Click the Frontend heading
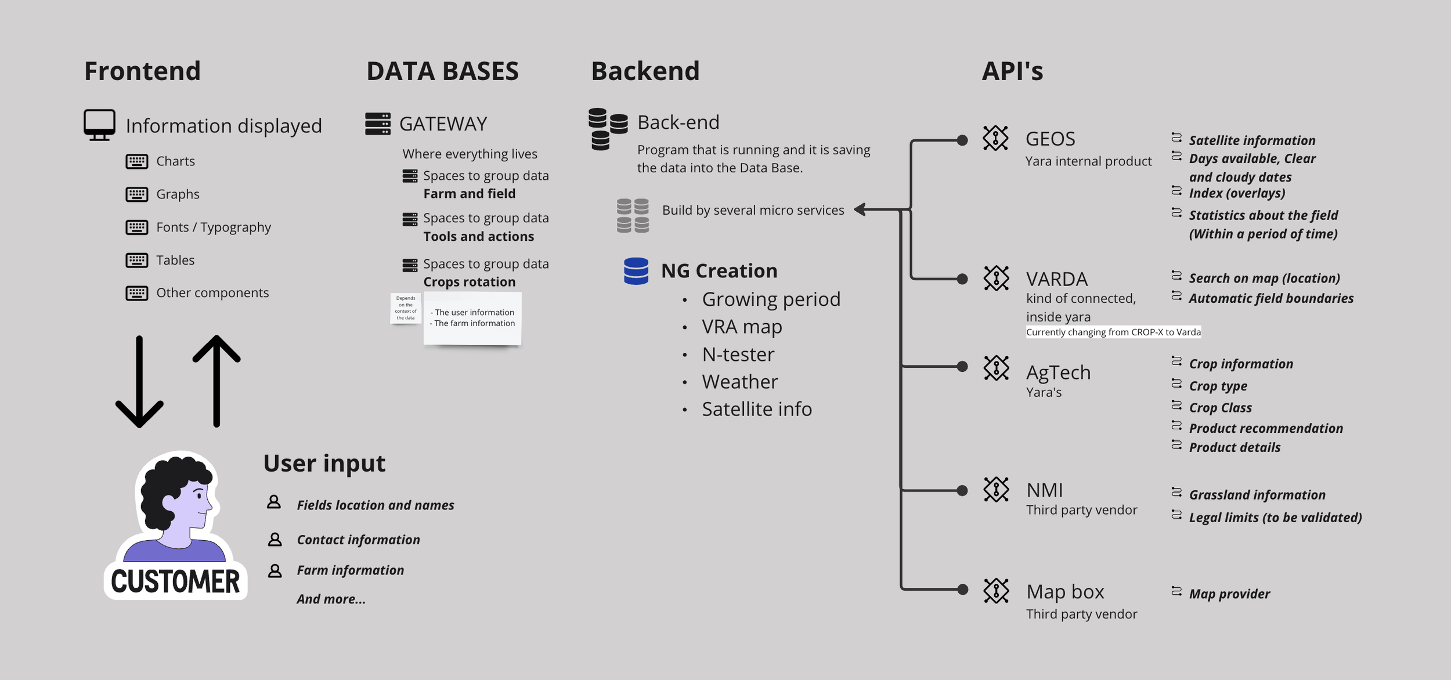pyautogui.click(x=142, y=71)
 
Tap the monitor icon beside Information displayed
pyautogui.click(x=99, y=125)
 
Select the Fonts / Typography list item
pyautogui.click(x=213, y=227)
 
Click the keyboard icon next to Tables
pyautogui.click(x=137, y=260)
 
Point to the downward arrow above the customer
pyautogui.click(x=139, y=381)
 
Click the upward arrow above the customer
pyautogui.click(x=216, y=381)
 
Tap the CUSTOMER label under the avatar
pyautogui.click(x=175, y=581)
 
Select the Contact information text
pyautogui.click(x=358, y=540)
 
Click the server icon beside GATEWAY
pyautogui.click(x=378, y=124)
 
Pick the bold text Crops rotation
pyautogui.click(x=469, y=282)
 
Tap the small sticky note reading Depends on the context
pyautogui.click(x=406, y=308)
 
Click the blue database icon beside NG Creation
pyautogui.click(x=636, y=271)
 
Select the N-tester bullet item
pyautogui.click(x=738, y=354)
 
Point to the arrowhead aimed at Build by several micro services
pyautogui.click(x=860, y=209)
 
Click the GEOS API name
pyautogui.click(x=1050, y=139)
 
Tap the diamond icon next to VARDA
pyautogui.click(x=996, y=278)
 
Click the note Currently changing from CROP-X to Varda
pyautogui.click(x=1113, y=332)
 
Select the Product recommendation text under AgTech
pyautogui.click(x=1266, y=428)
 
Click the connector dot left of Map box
pyautogui.click(x=962, y=589)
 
